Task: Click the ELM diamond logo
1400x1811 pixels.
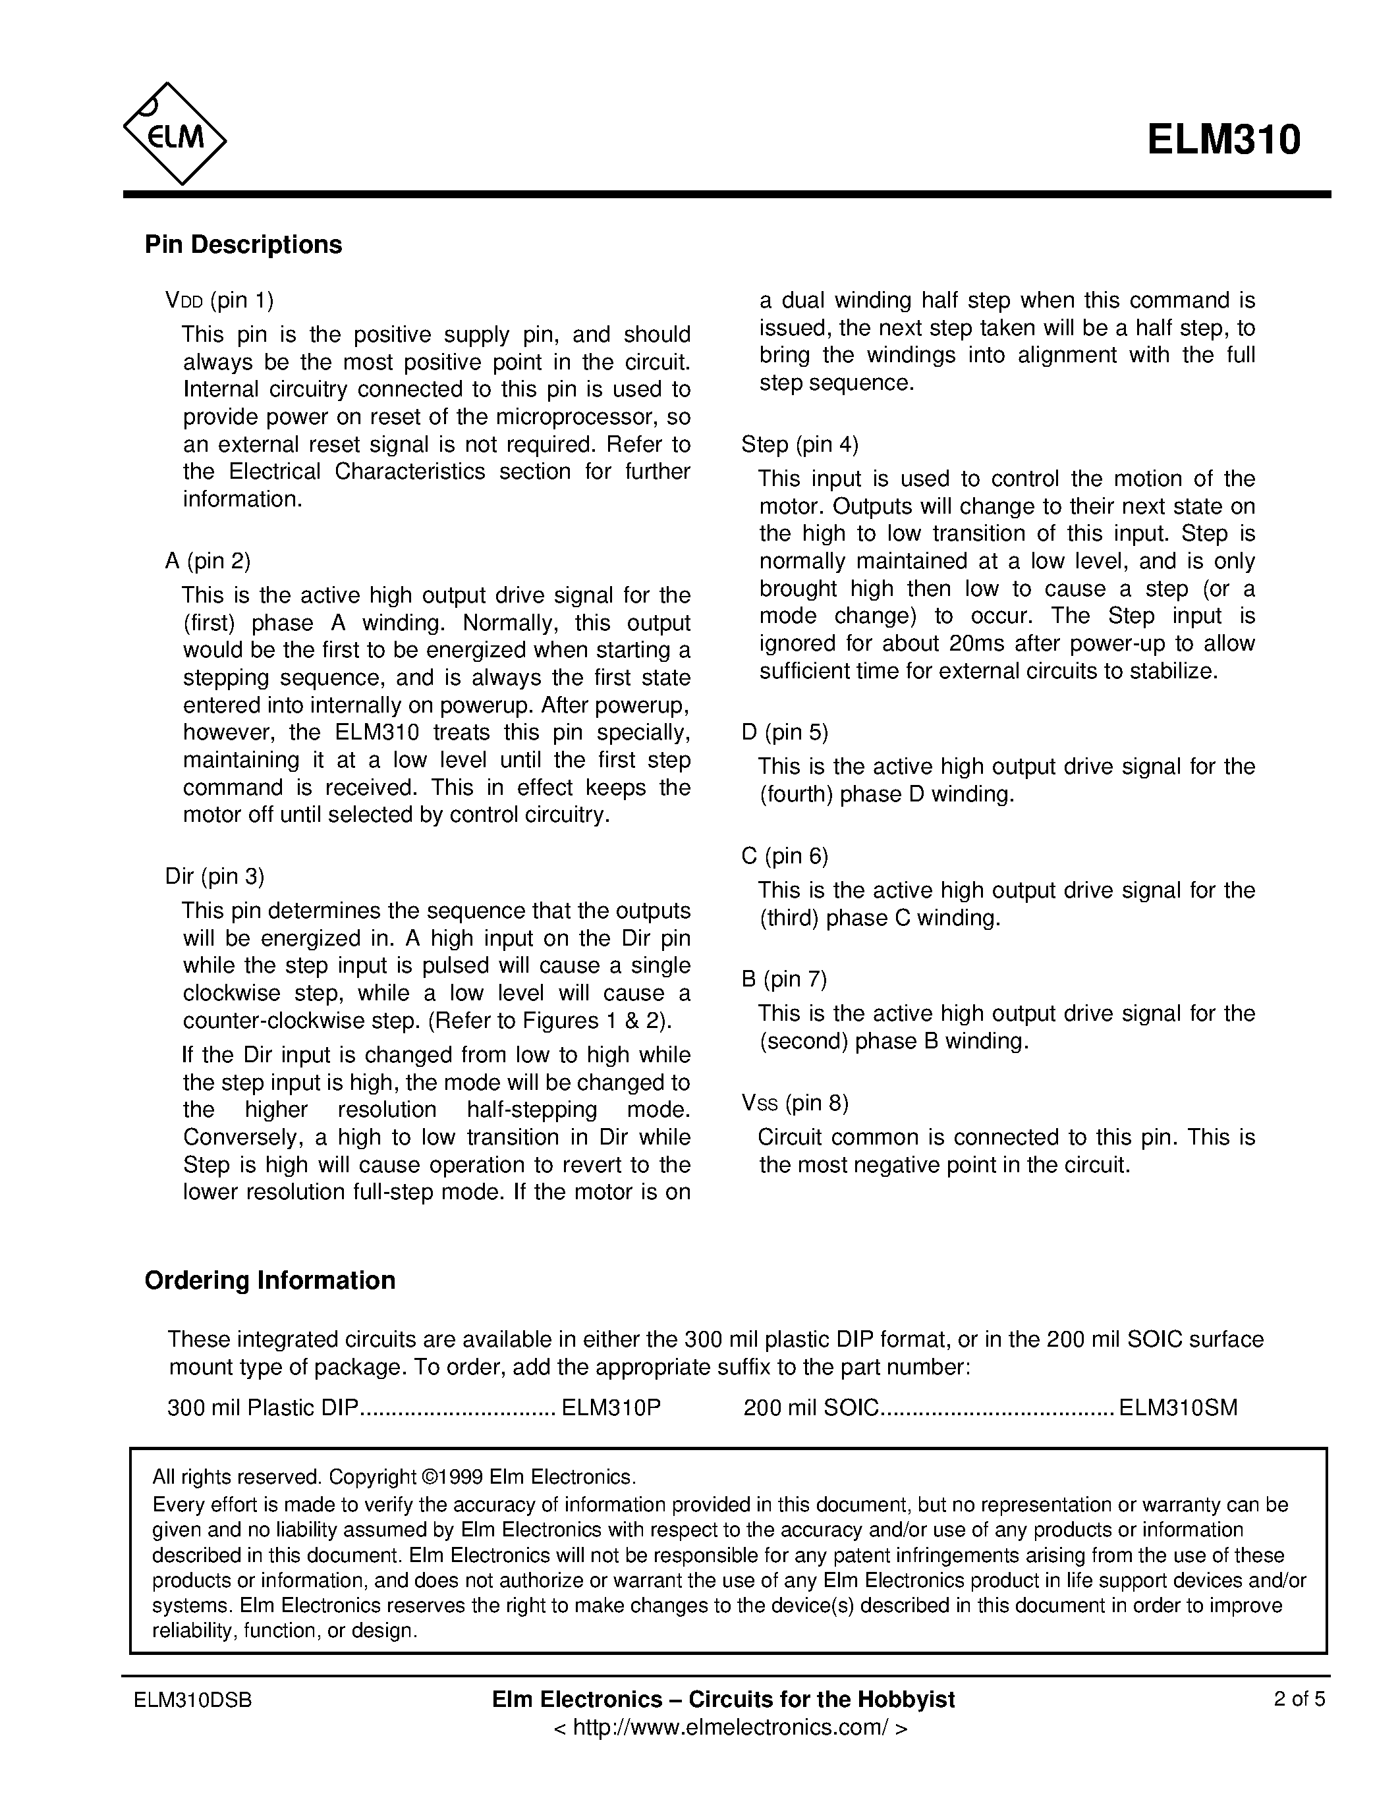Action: tap(175, 134)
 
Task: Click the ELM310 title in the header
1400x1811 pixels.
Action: tap(1223, 140)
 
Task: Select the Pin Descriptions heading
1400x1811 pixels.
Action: tap(243, 244)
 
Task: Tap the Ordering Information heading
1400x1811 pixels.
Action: tap(269, 1280)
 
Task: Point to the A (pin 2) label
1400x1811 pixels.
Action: tap(208, 560)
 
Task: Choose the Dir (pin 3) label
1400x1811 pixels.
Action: tap(215, 876)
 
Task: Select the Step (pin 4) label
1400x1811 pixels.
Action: tap(800, 445)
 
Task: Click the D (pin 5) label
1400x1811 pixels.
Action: tap(785, 732)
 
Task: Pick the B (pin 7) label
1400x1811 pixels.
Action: tap(784, 979)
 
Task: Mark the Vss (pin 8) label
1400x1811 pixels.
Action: tap(795, 1103)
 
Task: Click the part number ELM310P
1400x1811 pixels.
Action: tap(611, 1407)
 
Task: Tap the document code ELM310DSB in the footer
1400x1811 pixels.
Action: tap(192, 1700)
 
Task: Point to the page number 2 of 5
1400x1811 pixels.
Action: tap(1299, 1699)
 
